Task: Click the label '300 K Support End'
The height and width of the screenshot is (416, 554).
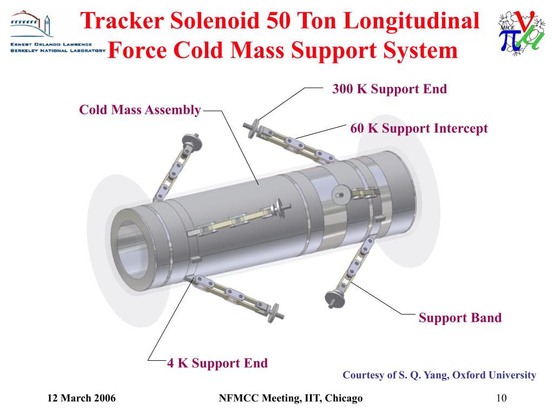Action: pyautogui.click(x=390, y=89)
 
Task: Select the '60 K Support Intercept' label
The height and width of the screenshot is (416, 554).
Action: pyautogui.click(x=419, y=128)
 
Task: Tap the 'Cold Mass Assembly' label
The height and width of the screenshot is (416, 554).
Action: pyautogui.click(x=140, y=110)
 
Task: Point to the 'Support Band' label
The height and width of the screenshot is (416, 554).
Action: pyautogui.click(x=460, y=317)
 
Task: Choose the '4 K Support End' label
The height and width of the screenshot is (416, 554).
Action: pyautogui.click(x=217, y=363)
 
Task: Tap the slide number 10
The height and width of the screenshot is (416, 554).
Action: pyautogui.click(x=501, y=399)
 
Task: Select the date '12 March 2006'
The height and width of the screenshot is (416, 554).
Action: pyautogui.click(x=82, y=399)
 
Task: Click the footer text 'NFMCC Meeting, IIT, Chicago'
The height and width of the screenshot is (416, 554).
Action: pyautogui.click(x=290, y=399)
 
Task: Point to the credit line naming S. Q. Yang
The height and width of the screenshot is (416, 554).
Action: pyautogui.click(x=439, y=375)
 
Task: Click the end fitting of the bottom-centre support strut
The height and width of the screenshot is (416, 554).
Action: pyautogui.click(x=278, y=313)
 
